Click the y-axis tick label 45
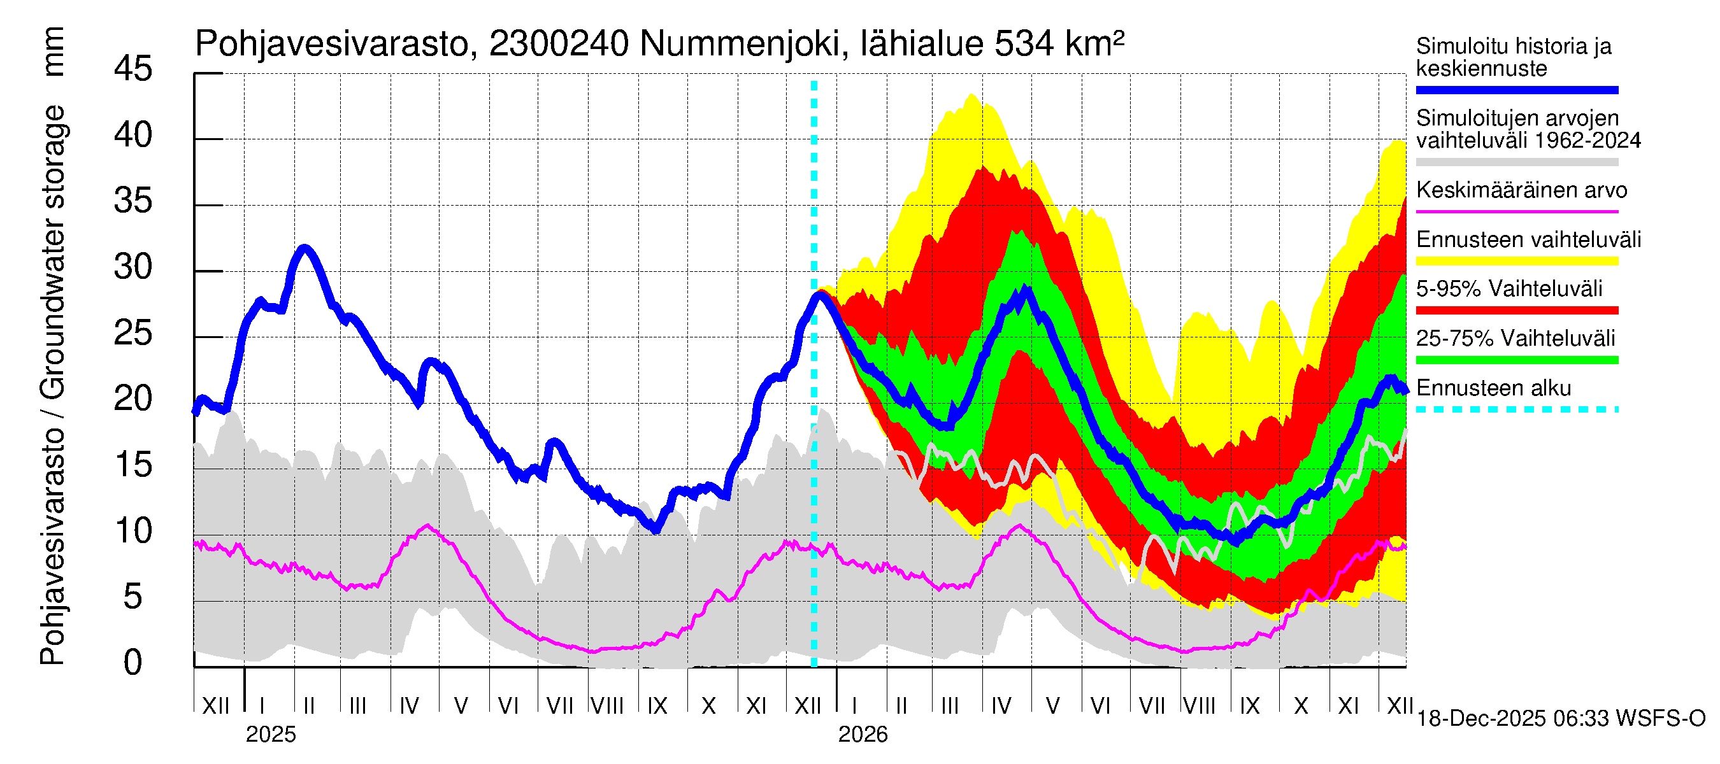[x=133, y=69]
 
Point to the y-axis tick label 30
[x=133, y=267]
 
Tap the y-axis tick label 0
[x=133, y=663]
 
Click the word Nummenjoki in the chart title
[x=739, y=44]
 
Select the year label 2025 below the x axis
[x=270, y=735]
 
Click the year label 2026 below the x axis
[x=863, y=735]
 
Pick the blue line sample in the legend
[x=1516, y=90]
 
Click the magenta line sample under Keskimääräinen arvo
[x=1516, y=211]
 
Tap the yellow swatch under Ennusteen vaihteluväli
[x=1516, y=261]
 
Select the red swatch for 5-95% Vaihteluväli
[x=1516, y=310]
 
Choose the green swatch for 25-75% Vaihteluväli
[x=1516, y=360]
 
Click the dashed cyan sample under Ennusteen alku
[x=1516, y=409]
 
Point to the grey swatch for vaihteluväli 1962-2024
[x=1516, y=162]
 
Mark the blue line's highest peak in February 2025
[x=305, y=249]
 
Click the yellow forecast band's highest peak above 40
[x=971, y=95]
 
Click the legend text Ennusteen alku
[x=1494, y=388]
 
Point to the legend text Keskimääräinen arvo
[x=1522, y=190]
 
